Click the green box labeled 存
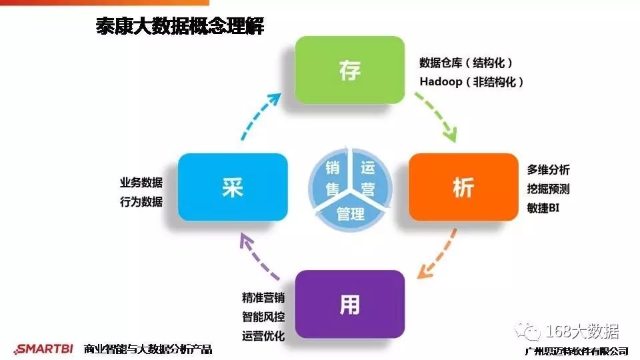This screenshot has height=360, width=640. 349,70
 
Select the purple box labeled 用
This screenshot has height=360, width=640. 349,304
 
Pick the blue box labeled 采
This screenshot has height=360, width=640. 233,187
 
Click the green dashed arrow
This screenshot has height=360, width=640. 437,116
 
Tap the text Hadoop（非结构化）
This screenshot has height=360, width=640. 471,81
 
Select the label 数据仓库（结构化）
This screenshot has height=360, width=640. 466,63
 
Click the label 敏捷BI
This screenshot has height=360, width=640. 543,208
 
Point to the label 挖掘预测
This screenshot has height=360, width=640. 548,189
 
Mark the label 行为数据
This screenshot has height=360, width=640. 141,202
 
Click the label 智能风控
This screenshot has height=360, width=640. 263,316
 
